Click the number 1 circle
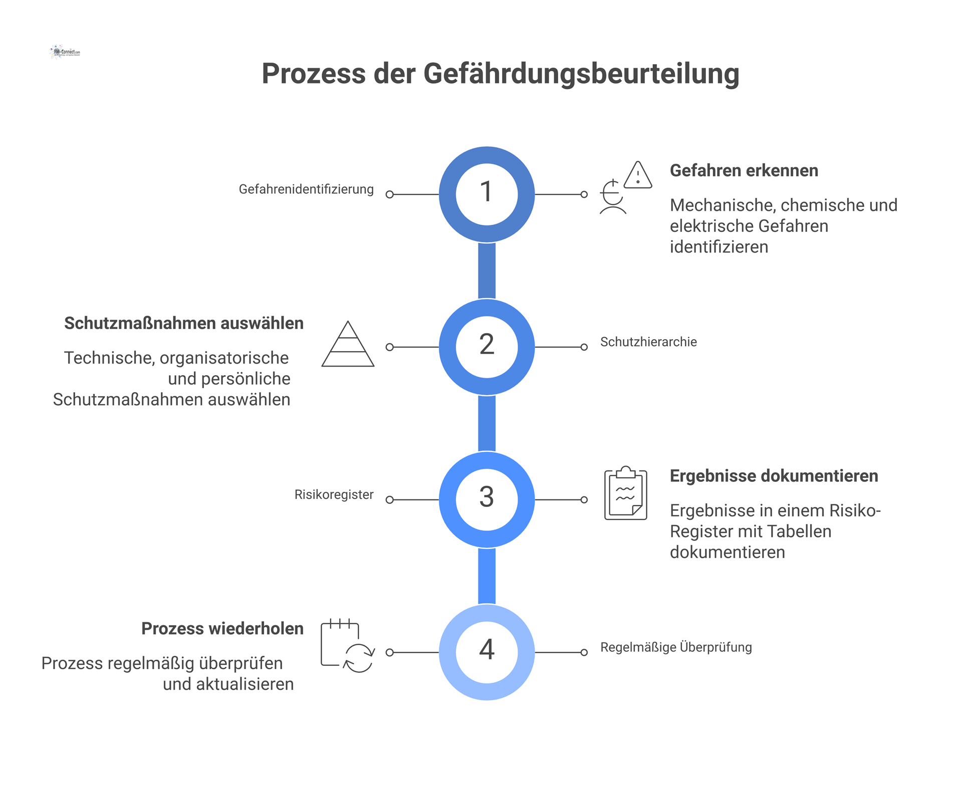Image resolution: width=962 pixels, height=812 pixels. tap(487, 194)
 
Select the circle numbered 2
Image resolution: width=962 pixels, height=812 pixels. tap(487, 347)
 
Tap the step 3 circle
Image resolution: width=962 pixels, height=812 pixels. tap(487, 499)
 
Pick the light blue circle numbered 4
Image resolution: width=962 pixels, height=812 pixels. tap(487, 652)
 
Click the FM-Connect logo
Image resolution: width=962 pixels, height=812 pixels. tap(65, 52)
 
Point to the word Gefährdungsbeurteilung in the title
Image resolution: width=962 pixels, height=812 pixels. tap(581, 74)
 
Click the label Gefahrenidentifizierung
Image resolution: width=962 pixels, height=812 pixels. tap(306, 189)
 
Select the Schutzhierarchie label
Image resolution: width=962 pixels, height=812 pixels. tap(648, 342)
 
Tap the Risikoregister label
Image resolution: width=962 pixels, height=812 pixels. tap(334, 495)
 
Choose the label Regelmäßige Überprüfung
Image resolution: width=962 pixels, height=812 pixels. tap(676, 647)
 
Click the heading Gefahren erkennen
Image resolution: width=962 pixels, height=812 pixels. tap(744, 171)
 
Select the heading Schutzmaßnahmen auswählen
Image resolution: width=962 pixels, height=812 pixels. tap(184, 324)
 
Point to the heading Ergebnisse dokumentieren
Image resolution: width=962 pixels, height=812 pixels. tap(774, 476)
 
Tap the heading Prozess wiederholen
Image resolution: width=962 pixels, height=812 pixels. tap(222, 629)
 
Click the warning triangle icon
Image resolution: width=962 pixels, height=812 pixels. tap(638, 175)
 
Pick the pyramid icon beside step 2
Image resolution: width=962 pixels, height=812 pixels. tap(348, 344)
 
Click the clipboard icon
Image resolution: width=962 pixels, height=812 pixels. tap(625, 493)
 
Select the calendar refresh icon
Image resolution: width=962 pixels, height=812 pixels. tap(348, 646)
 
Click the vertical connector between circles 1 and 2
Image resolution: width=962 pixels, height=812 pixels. tap(487, 270)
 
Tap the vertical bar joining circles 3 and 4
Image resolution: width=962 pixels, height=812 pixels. tap(487, 576)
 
